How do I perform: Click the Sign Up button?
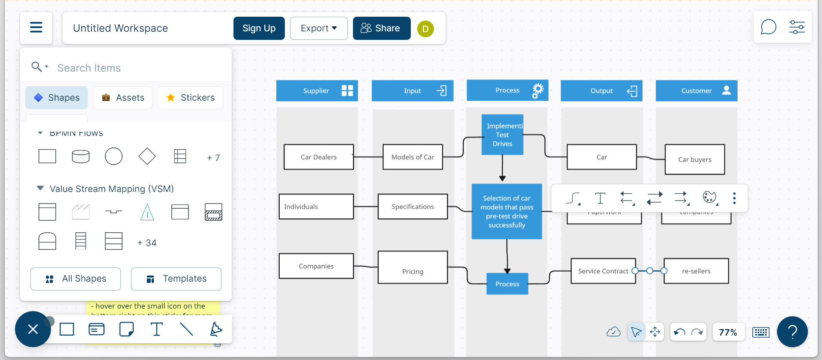point(259,28)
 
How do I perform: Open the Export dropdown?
point(318,28)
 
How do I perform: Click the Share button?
point(381,28)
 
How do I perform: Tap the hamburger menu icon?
point(36,28)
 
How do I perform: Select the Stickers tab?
point(190,98)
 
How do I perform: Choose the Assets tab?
point(123,98)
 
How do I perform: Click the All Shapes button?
point(75,279)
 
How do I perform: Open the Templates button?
point(176,279)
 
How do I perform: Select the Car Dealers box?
point(318,157)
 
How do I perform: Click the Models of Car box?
point(412,157)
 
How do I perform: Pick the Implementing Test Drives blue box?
point(502,135)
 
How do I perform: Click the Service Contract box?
point(603,271)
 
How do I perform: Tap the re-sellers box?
point(696,271)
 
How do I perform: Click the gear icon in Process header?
point(538,90)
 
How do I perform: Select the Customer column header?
point(696,91)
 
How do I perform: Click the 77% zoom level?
point(727,332)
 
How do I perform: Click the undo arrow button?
point(679,332)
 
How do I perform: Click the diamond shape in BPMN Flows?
point(147,156)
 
